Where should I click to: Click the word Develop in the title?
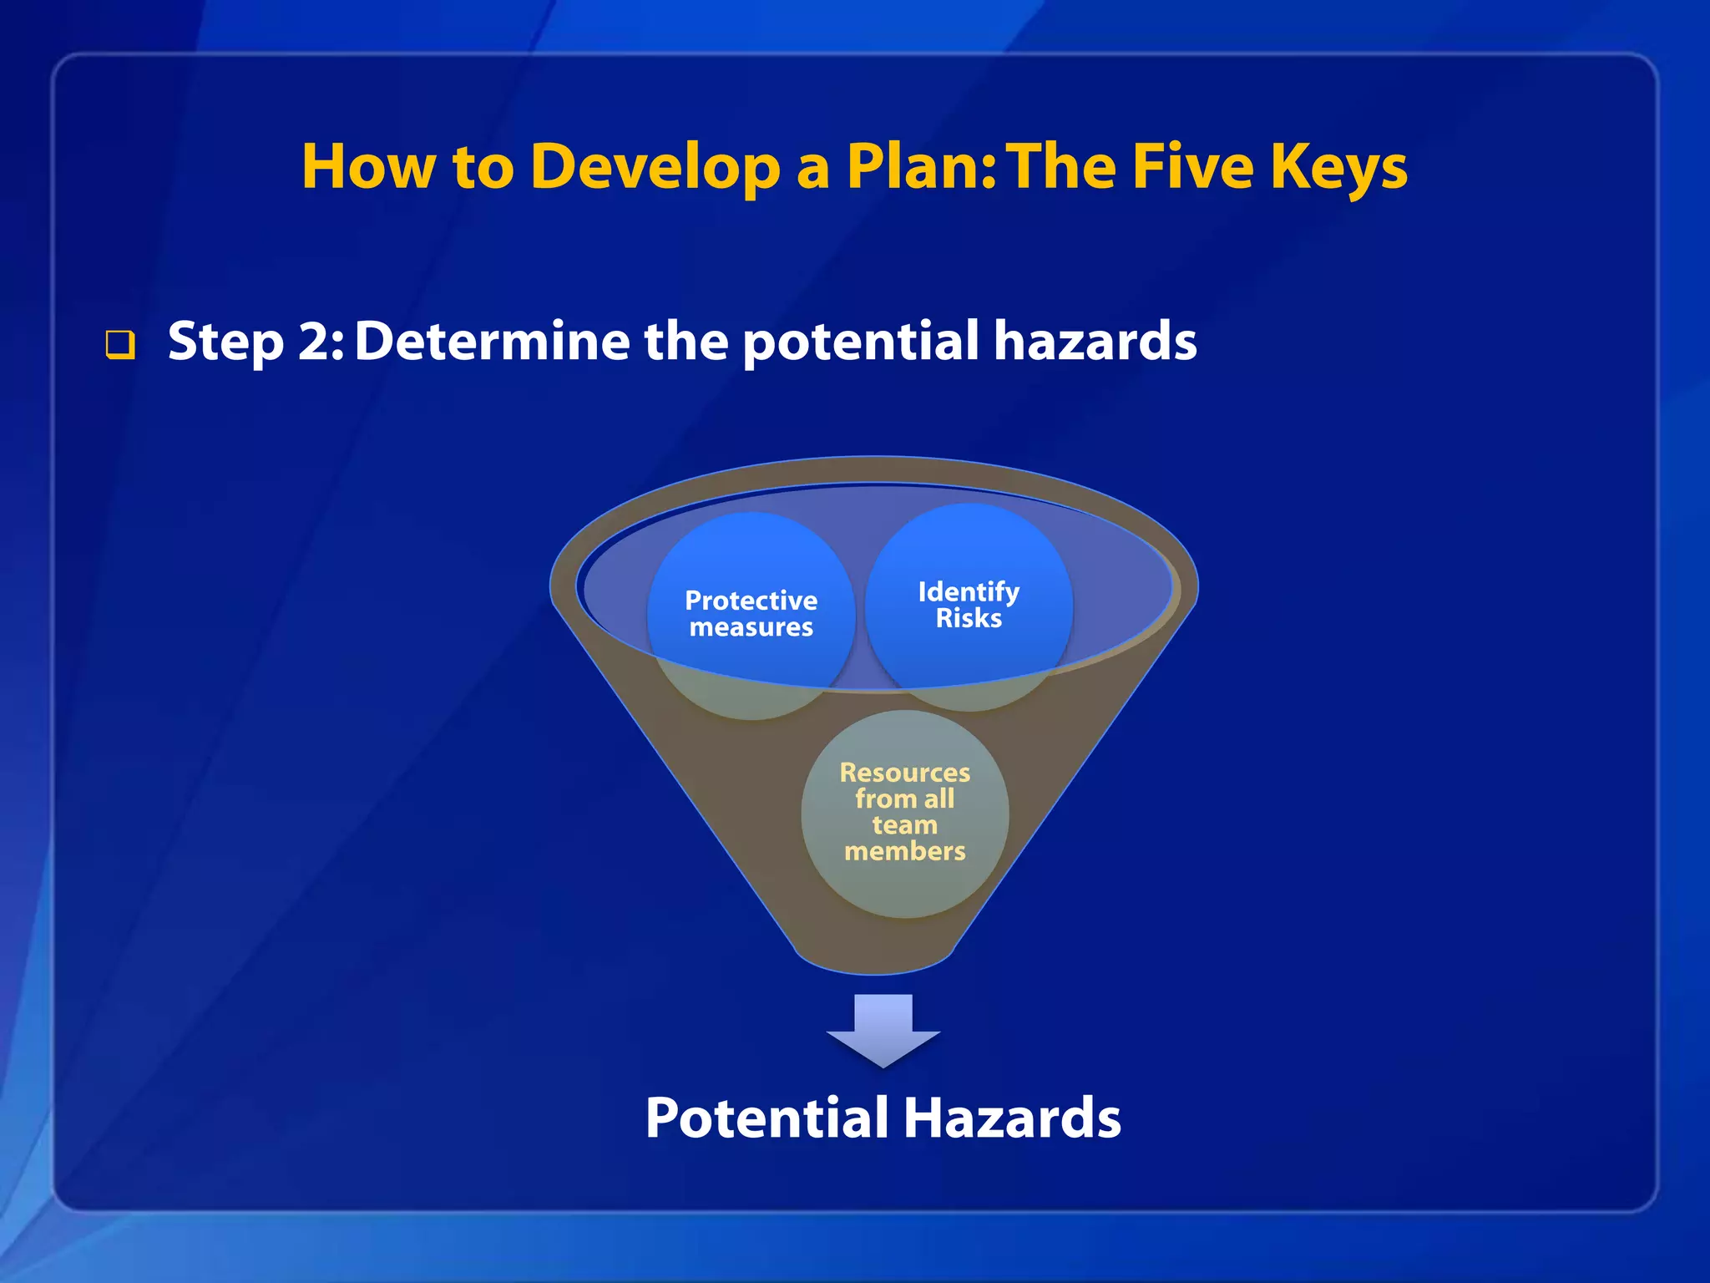tap(655, 167)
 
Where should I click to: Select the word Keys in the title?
tap(1338, 167)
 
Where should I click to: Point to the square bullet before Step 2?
tap(120, 344)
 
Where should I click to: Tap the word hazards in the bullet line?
tap(1095, 342)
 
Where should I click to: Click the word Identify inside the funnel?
tap(969, 591)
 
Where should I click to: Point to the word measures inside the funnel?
tap(751, 627)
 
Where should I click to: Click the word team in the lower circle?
tap(905, 825)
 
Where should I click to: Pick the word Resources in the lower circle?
tap(905, 773)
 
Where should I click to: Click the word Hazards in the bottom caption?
tap(1012, 1118)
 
